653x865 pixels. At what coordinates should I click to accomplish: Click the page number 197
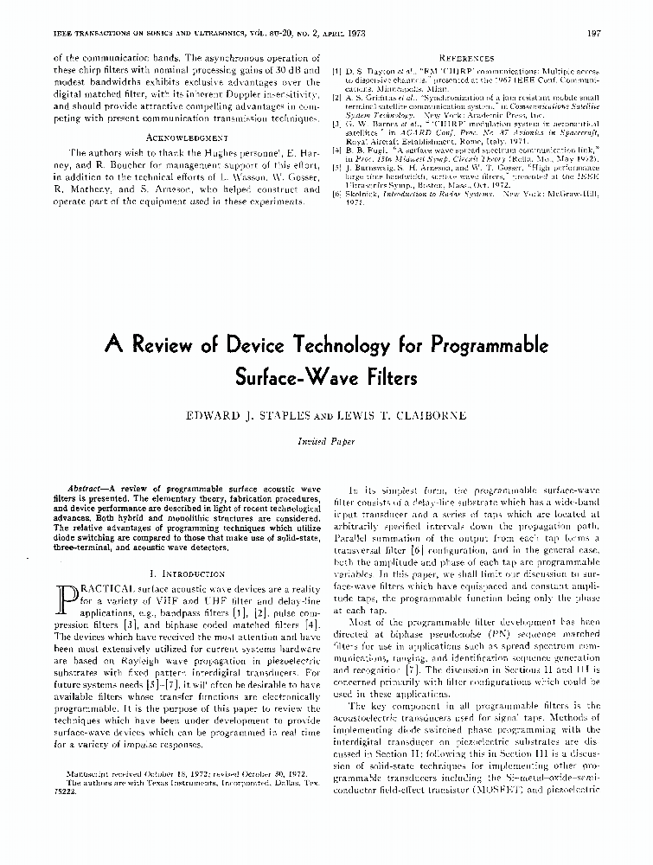pyautogui.click(x=593, y=34)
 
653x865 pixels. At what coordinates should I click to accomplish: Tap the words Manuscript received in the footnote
pyautogui.click(x=105, y=769)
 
